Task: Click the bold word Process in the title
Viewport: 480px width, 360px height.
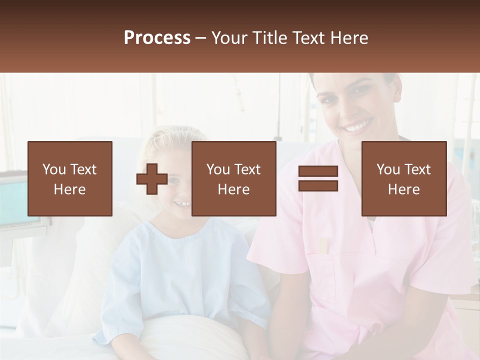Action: point(157,37)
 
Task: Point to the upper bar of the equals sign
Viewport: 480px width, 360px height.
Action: point(318,171)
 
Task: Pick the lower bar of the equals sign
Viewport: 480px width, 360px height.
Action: point(318,186)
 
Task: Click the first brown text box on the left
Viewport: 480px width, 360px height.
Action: point(69,178)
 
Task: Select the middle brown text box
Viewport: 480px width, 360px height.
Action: point(233,178)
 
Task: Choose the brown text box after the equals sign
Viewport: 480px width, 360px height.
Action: point(403,178)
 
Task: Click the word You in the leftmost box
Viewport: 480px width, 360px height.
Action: point(54,169)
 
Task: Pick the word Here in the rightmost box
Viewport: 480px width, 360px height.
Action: point(403,189)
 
